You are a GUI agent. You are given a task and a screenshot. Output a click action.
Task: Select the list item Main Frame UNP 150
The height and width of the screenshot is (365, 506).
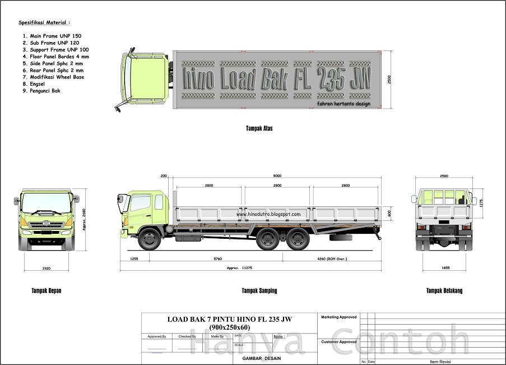[x=52, y=36]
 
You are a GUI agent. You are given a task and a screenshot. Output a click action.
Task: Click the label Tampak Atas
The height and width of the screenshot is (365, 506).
[x=259, y=128]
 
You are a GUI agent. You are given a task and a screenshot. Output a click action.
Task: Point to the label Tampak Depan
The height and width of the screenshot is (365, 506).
[x=47, y=291]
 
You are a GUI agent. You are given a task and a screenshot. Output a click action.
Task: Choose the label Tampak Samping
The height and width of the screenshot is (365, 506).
[x=259, y=291]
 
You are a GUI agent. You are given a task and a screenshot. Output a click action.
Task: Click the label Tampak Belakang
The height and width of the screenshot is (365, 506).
[x=444, y=291]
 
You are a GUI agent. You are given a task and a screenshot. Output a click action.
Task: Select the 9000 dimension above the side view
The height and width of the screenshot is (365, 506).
[x=277, y=176]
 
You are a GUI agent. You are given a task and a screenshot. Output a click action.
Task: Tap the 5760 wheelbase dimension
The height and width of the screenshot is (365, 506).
[x=217, y=258]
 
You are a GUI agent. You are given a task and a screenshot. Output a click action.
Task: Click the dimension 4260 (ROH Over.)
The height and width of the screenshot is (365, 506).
[x=332, y=258]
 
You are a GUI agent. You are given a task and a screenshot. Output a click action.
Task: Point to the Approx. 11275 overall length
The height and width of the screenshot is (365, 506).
[x=239, y=268]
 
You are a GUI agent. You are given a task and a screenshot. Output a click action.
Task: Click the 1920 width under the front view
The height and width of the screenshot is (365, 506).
[x=47, y=269]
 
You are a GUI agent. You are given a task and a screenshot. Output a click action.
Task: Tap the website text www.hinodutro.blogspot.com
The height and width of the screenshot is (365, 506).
[x=268, y=214]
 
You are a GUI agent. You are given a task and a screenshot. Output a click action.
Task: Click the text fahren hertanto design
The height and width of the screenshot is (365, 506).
[x=343, y=104]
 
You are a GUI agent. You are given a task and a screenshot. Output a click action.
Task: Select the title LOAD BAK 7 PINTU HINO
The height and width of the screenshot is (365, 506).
[x=229, y=320]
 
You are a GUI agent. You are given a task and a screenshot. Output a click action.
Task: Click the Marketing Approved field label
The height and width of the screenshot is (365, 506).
[x=338, y=317]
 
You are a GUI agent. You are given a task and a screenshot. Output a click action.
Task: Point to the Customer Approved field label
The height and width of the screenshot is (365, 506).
[x=338, y=341]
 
